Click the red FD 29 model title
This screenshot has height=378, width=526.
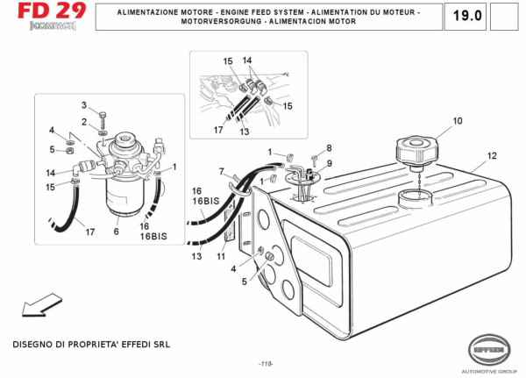(x=52, y=11)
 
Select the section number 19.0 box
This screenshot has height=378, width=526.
(x=466, y=16)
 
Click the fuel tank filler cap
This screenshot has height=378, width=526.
(x=416, y=152)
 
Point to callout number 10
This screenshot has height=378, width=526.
(x=458, y=121)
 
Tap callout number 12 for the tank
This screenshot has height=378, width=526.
(x=492, y=156)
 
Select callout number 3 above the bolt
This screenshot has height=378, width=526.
(x=84, y=105)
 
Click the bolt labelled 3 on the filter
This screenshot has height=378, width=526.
(x=103, y=119)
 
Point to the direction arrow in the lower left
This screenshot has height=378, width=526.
(x=41, y=305)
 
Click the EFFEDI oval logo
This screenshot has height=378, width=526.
(x=489, y=350)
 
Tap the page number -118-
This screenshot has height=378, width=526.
(x=266, y=364)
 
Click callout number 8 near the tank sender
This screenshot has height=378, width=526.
(x=329, y=148)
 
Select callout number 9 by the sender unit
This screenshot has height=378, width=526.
(x=329, y=163)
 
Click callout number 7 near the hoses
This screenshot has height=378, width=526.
(x=222, y=172)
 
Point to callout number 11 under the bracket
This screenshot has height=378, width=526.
(x=221, y=256)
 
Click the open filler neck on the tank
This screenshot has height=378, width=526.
(x=416, y=197)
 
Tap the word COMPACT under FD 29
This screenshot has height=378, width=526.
(x=53, y=25)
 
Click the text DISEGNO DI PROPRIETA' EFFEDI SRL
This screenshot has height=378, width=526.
(x=91, y=345)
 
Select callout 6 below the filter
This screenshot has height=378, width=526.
(x=116, y=232)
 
